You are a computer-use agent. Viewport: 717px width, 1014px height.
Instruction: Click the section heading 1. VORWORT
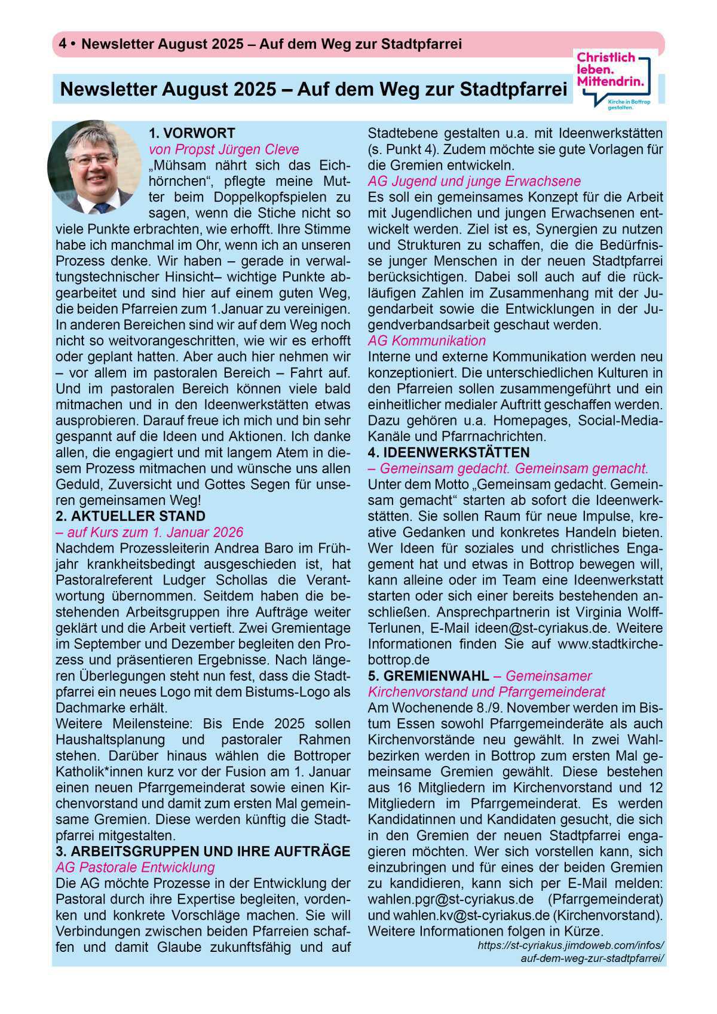pos(192,133)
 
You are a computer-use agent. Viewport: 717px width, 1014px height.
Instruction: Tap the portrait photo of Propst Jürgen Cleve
pos(94,168)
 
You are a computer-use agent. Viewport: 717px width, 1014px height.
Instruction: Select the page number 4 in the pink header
pos(62,44)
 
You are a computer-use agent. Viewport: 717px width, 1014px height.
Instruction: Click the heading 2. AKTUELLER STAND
pos(130,516)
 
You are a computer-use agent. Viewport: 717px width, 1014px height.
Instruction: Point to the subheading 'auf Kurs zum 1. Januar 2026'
pos(149,532)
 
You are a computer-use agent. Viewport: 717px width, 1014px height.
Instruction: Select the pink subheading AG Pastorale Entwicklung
pos(135,868)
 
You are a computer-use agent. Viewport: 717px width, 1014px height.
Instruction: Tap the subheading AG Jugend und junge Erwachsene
pos(474,181)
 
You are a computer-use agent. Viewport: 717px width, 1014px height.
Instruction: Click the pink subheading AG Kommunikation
pos(427,341)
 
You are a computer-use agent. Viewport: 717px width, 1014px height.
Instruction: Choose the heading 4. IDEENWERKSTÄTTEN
pos(449,452)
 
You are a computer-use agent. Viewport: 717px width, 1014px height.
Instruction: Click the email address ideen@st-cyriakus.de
pos(542,629)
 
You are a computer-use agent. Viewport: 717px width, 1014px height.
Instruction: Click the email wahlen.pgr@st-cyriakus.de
pos(451,899)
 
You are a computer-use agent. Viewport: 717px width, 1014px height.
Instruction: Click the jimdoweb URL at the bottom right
pos(571,952)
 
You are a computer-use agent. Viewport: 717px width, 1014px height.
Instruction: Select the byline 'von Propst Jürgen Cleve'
pos(224,149)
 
